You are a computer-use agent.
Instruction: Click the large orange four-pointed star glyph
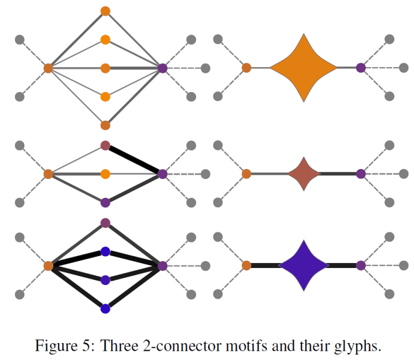pyautogui.click(x=304, y=68)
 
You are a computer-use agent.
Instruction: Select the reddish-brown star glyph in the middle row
pyautogui.click(x=304, y=174)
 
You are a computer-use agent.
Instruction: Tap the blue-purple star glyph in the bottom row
pyautogui.click(x=304, y=265)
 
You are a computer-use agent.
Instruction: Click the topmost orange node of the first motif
pyautogui.click(x=105, y=11)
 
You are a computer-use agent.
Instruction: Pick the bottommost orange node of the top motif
pyautogui.click(x=105, y=125)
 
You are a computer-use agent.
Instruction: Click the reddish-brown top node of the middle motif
pyautogui.click(x=105, y=146)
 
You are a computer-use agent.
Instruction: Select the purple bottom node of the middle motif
pyautogui.click(x=105, y=203)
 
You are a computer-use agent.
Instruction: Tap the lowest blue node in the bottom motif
pyautogui.click(x=105, y=308)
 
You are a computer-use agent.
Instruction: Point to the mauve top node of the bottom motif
pyautogui.click(x=105, y=223)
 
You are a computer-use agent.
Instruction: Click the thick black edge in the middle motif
pyautogui.click(x=134, y=160)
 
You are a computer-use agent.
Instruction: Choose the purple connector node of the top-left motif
pyautogui.click(x=163, y=68)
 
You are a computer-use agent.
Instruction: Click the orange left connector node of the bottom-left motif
pyautogui.click(x=48, y=266)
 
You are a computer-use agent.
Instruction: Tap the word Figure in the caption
pyautogui.click(x=57, y=346)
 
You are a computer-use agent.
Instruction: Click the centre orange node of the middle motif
pyautogui.click(x=105, y=174)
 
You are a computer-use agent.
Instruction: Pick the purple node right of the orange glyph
pyautogui.click(x=361, y=68)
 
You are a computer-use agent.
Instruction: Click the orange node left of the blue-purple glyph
pyautogui.click(x=246, y=265)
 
